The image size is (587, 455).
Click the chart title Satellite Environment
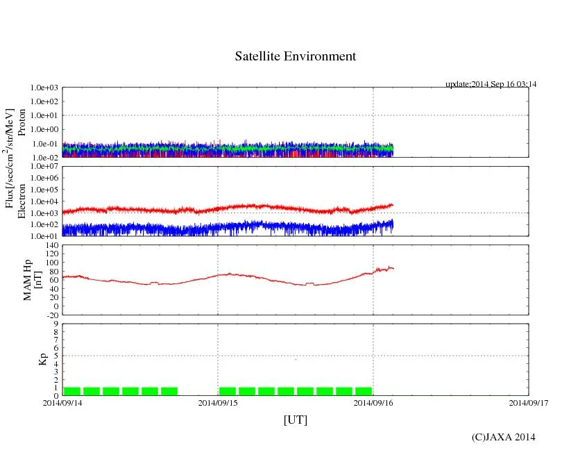tap(295, 56)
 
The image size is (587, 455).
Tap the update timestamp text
tap(491, 84)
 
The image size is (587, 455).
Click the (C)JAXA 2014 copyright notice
tap(503, 437)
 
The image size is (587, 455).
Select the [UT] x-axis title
tap(295, 420)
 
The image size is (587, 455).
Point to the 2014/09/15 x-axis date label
tap(218, 402)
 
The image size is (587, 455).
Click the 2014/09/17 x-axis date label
tap(528, 402)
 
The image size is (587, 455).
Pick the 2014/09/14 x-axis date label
tap(62, 402)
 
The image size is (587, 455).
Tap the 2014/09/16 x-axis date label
tap(373, 402)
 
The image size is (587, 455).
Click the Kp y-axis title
tap(28, 359)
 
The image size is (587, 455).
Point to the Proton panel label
tap(22, 122)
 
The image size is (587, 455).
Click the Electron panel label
tap(22, 201)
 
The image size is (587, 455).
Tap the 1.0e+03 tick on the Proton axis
tap(45, 88)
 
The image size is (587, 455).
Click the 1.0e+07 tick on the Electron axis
tap(45, 167)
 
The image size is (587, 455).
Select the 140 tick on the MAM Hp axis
tap(51, 246)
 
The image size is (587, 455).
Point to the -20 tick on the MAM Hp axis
tap(51, 315)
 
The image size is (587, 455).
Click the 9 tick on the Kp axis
tap(56, 323)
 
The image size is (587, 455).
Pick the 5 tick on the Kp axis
tap(56, 356)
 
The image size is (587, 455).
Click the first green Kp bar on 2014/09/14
tap(72, 391)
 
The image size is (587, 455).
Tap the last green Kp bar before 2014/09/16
tap(363, 391)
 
